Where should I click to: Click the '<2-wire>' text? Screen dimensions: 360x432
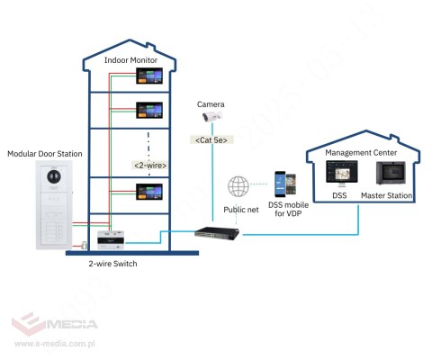(149, 165)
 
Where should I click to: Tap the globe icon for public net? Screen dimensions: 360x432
(238, 187)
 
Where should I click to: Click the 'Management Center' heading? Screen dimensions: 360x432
(361, 152)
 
